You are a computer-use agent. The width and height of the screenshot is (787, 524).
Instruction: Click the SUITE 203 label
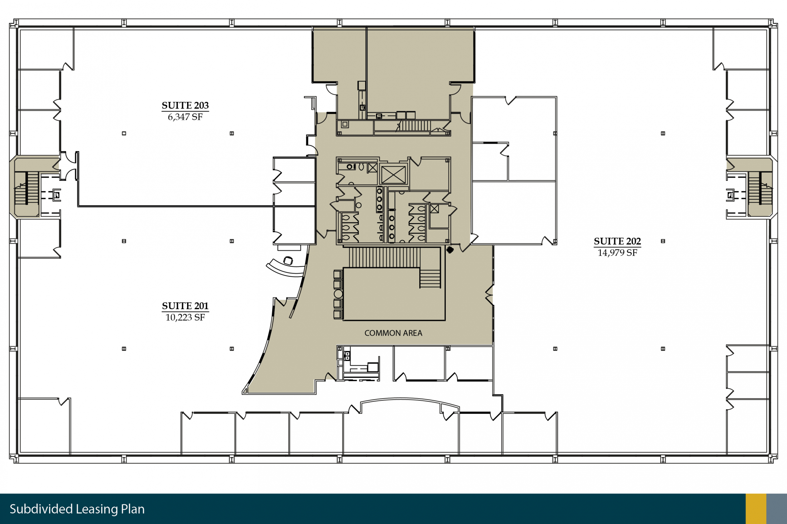[185, 105]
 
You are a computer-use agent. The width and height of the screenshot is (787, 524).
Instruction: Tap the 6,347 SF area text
[185, 117]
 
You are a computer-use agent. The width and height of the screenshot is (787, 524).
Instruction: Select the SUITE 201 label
[185, 306]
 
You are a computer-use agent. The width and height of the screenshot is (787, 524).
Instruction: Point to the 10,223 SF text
[185, 317]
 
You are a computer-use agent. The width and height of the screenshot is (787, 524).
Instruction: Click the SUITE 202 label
[617, 241]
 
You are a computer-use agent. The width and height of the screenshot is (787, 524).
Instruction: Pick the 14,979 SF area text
[617, 253]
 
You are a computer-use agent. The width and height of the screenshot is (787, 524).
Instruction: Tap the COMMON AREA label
[393, 333]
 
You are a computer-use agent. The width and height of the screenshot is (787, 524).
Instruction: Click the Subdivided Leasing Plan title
[77, 509]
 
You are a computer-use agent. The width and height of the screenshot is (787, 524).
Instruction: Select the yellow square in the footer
[756, 509]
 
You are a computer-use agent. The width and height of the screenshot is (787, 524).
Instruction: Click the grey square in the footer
[777, 509]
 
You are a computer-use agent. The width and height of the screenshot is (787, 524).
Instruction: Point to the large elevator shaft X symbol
[393, 175]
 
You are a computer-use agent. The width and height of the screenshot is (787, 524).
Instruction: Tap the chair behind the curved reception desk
[288, 261]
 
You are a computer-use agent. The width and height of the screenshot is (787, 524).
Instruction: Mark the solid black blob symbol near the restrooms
[450, 250]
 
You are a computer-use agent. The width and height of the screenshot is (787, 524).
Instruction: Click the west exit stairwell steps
[26, 188]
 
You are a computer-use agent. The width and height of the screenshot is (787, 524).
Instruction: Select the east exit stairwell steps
[760, 188]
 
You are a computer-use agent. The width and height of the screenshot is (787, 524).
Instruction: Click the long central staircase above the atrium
[385, 257]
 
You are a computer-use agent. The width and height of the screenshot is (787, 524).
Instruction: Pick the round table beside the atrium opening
[338, 294]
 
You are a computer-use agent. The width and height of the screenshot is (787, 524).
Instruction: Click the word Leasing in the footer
[97, 509]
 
